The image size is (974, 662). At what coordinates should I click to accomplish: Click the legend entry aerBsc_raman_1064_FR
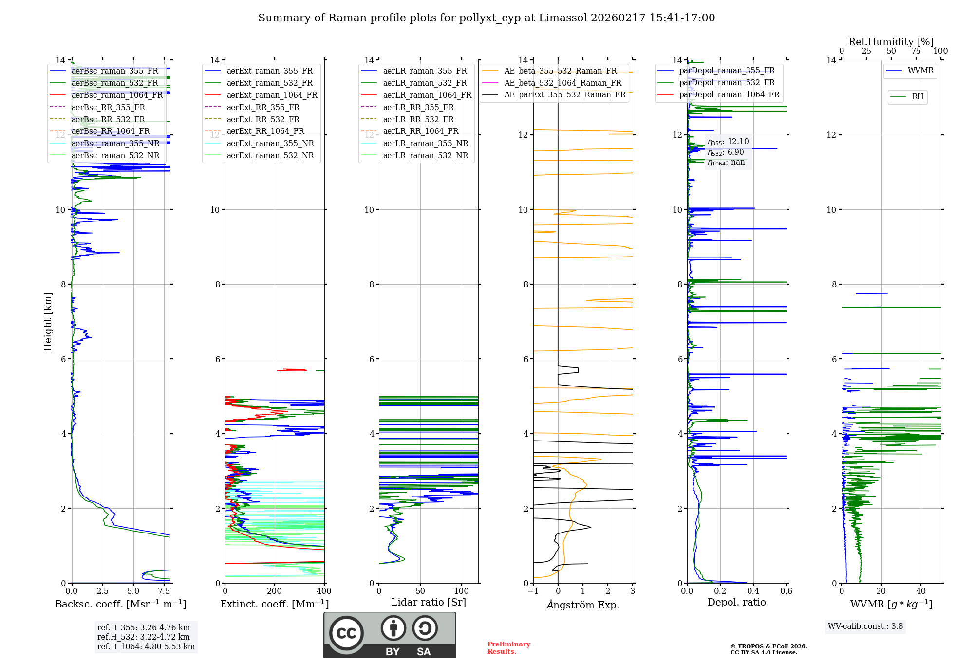coord(117,95)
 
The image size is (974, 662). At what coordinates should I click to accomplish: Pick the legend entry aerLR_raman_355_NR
coord(425,144)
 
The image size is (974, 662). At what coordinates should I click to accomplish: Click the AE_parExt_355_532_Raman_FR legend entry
coord(564,95)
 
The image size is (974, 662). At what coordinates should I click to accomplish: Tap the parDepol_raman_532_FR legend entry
coord(727,83)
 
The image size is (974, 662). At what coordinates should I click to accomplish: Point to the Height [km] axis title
coord(48,322)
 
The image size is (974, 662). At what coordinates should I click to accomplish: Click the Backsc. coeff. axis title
coord(120,604)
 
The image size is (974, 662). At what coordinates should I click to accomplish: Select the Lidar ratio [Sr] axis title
coord(429,602)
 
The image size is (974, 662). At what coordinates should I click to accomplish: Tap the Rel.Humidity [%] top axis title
coord(891,42)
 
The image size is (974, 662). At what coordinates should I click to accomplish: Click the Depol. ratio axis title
coord(736,602)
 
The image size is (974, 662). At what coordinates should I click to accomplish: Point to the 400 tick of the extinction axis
coord(324,591)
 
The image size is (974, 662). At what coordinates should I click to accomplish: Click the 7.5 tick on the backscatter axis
coord(164,591)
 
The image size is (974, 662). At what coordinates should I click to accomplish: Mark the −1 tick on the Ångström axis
coord(533,591)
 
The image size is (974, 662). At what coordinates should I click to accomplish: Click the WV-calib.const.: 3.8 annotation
coord(865,626)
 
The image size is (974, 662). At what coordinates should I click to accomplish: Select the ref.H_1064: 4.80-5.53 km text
coord(146,647)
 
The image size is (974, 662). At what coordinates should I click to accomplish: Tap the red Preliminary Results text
coord(508,648)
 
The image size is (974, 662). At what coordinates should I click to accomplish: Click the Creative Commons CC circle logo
coord(346,633)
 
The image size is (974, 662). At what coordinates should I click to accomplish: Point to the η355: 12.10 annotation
coord(728,142)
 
